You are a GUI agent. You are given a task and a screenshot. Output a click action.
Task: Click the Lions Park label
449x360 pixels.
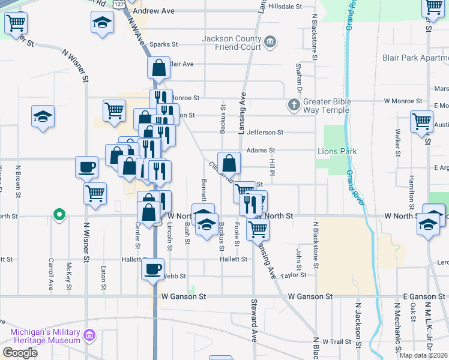coord(337,151)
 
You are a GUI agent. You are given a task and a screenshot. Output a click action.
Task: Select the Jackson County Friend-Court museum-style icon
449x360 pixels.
coord(270,42)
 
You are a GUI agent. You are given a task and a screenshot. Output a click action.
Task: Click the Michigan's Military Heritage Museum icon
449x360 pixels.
coord(89,334)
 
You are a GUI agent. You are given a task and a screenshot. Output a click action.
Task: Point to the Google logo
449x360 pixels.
coord(20,353)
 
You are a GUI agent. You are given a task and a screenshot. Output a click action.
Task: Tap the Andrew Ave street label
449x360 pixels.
coord(153,11)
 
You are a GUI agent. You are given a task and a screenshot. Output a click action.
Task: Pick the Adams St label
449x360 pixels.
coord(261,151)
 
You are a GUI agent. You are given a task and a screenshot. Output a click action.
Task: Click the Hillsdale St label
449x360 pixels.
coord(285,6)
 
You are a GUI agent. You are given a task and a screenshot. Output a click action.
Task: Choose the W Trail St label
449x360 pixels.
coord(336,341)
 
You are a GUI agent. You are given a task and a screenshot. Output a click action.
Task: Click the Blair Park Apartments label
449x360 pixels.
coord(415,58)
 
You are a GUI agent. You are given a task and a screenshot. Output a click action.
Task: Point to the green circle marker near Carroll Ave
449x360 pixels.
coord(58,214)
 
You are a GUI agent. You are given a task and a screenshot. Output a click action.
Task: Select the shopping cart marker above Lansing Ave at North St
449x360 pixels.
coord(258,228)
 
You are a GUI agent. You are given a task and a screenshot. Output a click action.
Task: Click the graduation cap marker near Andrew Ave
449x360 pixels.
coord(102,23)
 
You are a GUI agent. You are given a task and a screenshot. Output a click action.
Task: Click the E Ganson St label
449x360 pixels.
coord(423,296)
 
